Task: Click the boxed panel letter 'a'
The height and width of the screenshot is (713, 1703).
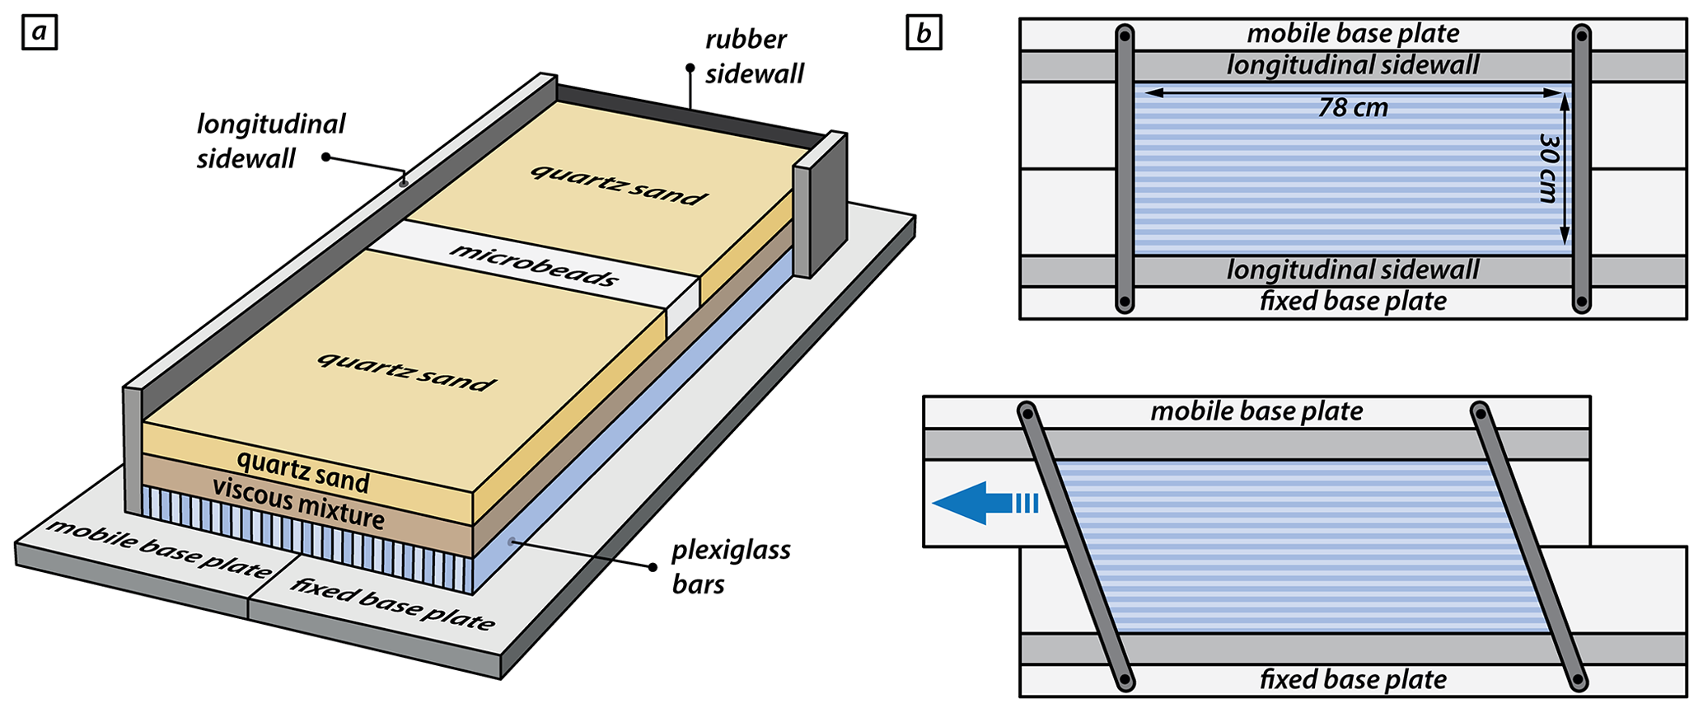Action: tap(39, 33)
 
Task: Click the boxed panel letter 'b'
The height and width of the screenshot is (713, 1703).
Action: tap(924, 33)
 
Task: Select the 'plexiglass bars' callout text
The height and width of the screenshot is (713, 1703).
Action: tap(731, 567)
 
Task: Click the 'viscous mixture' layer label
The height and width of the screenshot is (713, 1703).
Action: tap(298, 502)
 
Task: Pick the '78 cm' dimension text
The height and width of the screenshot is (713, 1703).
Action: tap(1353, 108)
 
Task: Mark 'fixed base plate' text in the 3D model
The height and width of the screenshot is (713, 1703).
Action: tap(392, 604)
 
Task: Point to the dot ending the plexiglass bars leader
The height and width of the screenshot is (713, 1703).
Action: tap(653, 567)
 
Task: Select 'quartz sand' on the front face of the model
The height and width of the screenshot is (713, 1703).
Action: tap(303, 471)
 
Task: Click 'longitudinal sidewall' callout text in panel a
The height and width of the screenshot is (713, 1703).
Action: tap(270, 141)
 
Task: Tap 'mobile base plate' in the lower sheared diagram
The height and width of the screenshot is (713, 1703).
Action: tap(1256, 411)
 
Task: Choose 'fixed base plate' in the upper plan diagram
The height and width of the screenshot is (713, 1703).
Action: tap(1353, 301)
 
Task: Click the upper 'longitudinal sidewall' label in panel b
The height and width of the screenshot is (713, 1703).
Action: tap(1353, 65)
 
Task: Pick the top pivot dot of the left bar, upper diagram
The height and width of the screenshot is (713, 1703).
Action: tap(1125, 35)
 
